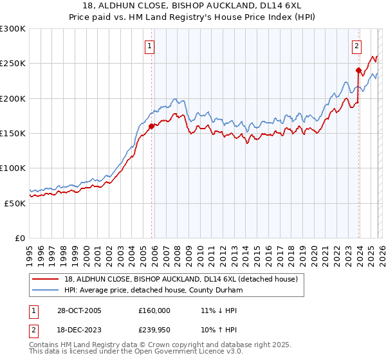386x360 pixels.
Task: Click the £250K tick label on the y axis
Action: pos(13,64)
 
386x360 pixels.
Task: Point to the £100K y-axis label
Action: pos(13,168)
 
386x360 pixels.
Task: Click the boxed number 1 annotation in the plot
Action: pos(150,46)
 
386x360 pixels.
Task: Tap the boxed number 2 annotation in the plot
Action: pos(356,46)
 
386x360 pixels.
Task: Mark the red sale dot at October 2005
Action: pos(152,127)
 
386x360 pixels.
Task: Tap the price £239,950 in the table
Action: pos(154,330)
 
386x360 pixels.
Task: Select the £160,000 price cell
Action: pos(154,310)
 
